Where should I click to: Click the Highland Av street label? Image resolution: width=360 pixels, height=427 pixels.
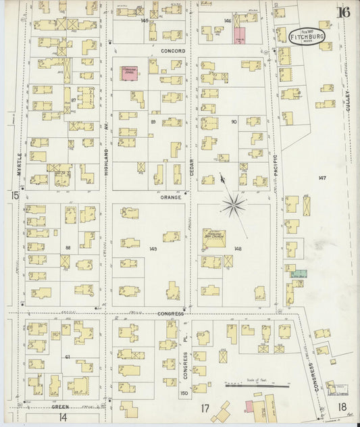pyautogui.click(x=107, y=159)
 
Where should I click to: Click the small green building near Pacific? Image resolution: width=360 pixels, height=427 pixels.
pyautogui.click(x=299, y=274)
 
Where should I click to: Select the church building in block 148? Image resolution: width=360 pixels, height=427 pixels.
pyautogui.click(x=215, y=238)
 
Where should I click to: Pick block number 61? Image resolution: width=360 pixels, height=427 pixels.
pyautogui.click(x=68, y=356)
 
